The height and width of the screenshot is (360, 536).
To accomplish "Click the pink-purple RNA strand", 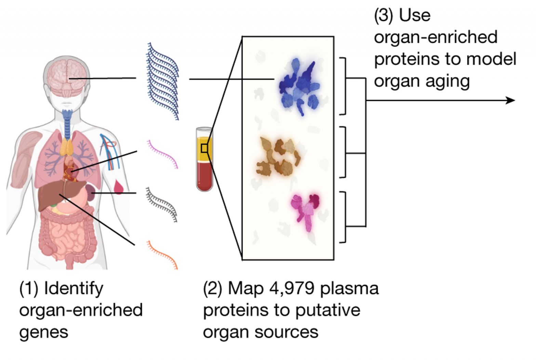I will pyautogui.click(x=162, y=154).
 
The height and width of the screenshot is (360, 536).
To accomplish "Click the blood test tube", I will pyautogui.click(x=204, y=159).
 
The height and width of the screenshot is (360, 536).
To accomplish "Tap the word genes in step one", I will pyautogui.click(x=44, y=332).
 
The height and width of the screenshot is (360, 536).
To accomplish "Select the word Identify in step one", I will pyautogui.click(x=73, y=288).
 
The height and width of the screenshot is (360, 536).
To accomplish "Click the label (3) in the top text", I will pyautogui.click(x=384, y=15).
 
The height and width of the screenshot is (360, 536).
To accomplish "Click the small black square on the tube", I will pyautogui.click(x=204, y=148).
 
